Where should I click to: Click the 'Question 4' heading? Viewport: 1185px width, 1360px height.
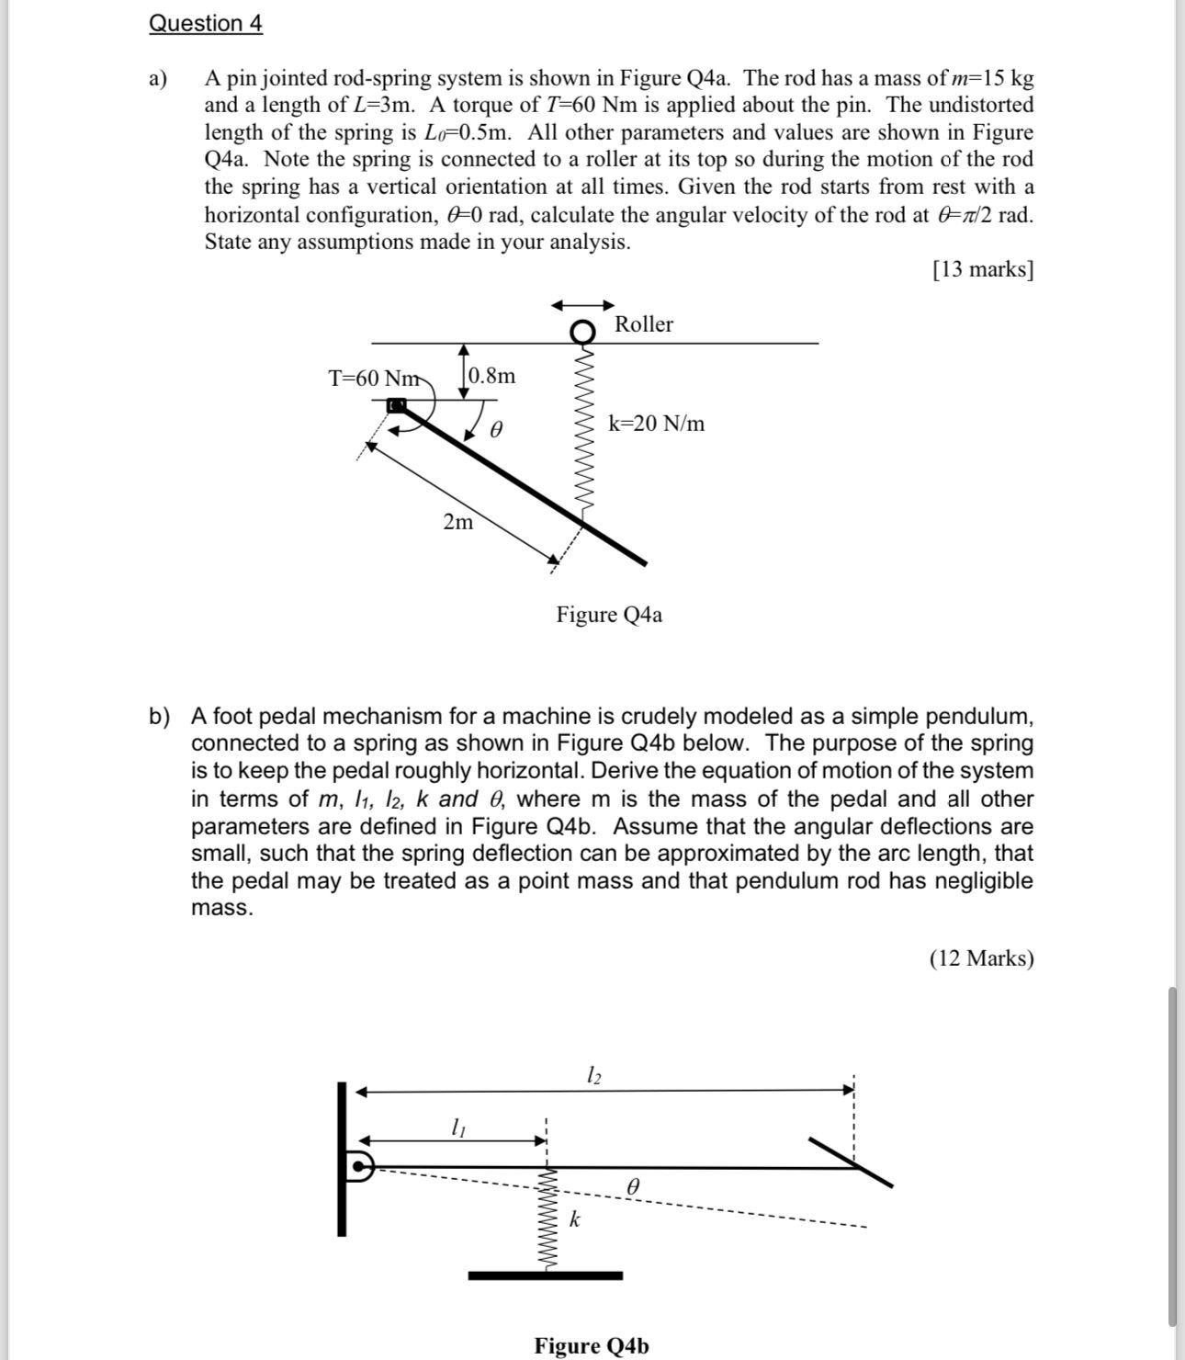(x=206, y=23)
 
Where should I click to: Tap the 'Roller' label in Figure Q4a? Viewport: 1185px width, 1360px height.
(x=643, y=324)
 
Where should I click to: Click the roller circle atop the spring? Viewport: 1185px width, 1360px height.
(x=582, y=331)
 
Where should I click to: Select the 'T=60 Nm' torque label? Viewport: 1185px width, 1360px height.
(x=374, y=379)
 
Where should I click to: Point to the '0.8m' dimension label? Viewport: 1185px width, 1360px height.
(x=492, y=376)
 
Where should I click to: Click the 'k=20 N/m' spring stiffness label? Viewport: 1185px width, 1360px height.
(x=656, y=424)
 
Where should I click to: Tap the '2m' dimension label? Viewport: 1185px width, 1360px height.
(x=458, y=522)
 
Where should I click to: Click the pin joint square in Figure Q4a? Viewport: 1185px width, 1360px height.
(x=397, y=405)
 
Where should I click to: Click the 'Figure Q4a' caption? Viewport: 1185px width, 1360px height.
(x=608, y=615)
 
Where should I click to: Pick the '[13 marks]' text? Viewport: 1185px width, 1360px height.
(x=982, y=269)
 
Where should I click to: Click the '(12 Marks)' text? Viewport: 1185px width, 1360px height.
(x=981, y=958)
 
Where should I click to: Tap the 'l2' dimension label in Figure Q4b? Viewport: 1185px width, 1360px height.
(x=594, y=1073)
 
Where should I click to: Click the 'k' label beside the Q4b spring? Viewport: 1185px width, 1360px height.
(x=574, y=1219)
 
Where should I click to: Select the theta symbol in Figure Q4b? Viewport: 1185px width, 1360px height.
(x=632, y=1187)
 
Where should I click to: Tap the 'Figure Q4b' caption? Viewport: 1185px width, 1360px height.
(x=592, y=1346)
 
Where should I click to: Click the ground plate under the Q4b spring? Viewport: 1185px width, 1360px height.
(x=545, y=1275)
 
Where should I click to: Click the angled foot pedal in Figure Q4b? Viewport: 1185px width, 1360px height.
(x=851, y=1162)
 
